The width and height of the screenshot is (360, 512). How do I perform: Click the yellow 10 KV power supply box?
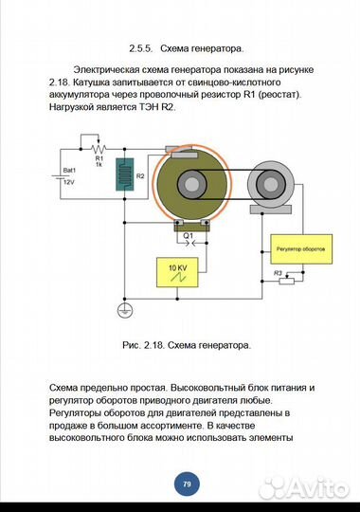(x=177, y=272)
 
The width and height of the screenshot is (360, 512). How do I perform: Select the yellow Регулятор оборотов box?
(x=301, y=249)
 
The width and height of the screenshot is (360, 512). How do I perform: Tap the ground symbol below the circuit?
(x=125, y=311)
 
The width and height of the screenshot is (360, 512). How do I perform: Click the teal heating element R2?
(x=125, y=174)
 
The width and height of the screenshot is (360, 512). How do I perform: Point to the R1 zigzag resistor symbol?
(x=99, y=149)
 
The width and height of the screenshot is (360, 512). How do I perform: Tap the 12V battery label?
(x=69, y=183)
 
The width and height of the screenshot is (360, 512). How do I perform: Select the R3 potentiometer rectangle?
(x=286, y=281)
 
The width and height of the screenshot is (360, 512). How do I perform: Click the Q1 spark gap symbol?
(x=189, y=243)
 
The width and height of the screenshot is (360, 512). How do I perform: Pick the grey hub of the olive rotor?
(x=191, y=184)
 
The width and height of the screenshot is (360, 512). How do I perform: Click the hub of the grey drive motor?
(x=270, y=184)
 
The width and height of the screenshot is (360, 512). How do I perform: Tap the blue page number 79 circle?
(x=187, y=484)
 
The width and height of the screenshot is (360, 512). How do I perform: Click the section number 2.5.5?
(x=141, y=49)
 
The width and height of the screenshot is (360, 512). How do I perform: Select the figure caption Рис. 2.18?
(x=143, y=345)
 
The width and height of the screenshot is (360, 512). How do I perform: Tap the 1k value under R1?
(x=99, y=164)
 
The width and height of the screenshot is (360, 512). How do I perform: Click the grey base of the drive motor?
(x=271, y=210)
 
